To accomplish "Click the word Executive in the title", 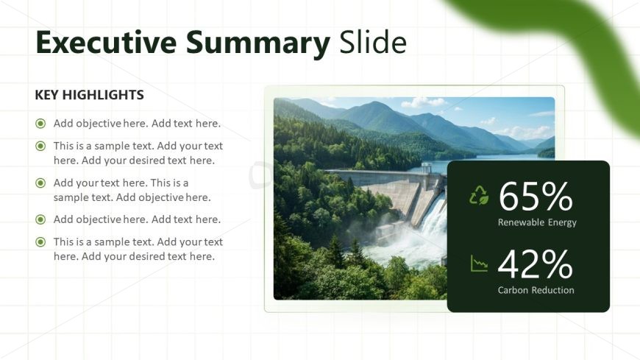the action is point(106,42).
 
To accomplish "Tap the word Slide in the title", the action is point(373,42).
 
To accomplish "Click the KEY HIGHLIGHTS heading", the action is point(90,95).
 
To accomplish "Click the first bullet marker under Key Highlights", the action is point(40,123).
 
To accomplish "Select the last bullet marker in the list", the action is point(40,242).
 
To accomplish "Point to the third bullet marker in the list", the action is point(40,183).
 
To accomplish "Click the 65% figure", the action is point(536,197).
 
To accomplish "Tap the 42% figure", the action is point(536,264).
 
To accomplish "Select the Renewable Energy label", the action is point(537,222).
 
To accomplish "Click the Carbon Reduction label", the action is point(536,290).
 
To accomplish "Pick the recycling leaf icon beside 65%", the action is point(479,195).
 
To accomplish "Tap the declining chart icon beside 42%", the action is point(479,264).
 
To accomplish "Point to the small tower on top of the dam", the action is point(427,168).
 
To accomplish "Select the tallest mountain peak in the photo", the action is point(374,105).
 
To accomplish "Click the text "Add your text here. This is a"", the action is point(121,183).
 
